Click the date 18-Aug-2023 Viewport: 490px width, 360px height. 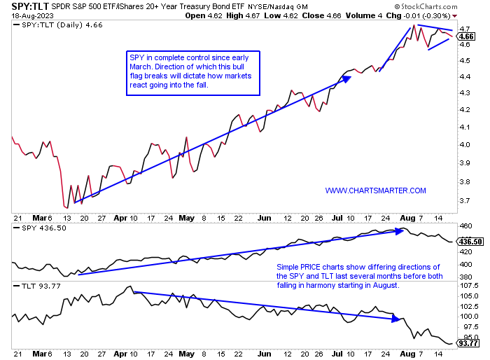pyautogui.click(x=29, y=15)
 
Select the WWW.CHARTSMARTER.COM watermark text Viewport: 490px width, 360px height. pyautogui.click(x=375, y=191)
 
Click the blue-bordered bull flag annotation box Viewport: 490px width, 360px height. pyautogui.click(x=192, y=73)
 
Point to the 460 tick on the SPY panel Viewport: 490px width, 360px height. pyautogui.click(x=465, y=226)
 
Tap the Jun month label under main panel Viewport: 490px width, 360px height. pyautogui.click(x=265, y=217)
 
